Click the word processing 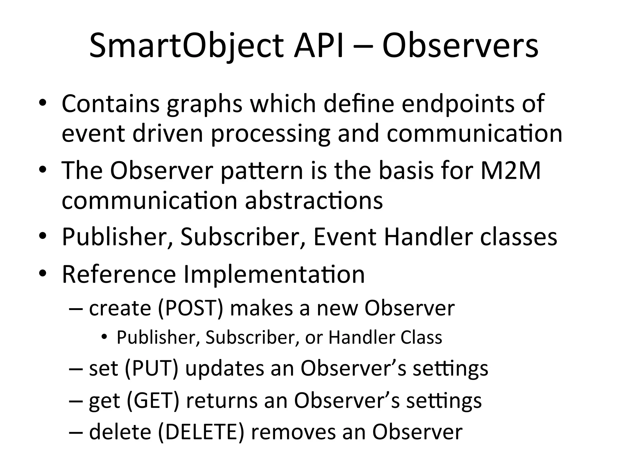click(270, 135)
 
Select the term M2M click(510, 170)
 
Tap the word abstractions click(314, 201)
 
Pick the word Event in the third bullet click(345, 237)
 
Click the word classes click(519, 237)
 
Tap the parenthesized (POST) click(190, 308)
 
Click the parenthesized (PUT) click(151, 368)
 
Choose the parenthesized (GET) click(152, 400)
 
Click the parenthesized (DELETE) click(201, 432)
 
